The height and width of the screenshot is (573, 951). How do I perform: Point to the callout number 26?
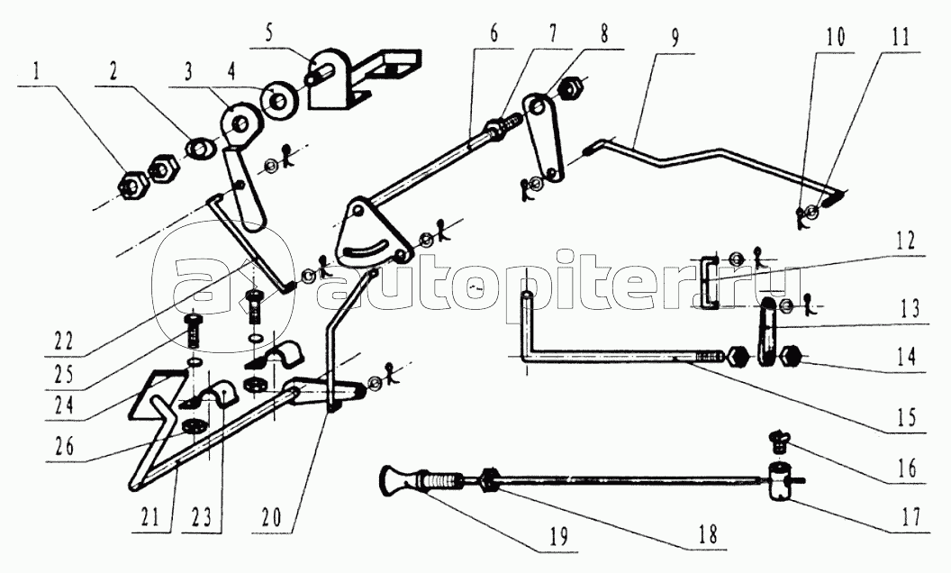point(64,447)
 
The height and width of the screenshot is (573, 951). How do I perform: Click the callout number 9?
point(675,38)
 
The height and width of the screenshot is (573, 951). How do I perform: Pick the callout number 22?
point(63,341)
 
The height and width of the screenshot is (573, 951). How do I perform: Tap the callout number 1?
point(36,72)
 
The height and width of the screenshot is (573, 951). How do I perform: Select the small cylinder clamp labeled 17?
point(778,480)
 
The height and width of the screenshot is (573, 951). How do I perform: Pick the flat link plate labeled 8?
point(543,138)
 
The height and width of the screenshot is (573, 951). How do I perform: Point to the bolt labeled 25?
point(192,330)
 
